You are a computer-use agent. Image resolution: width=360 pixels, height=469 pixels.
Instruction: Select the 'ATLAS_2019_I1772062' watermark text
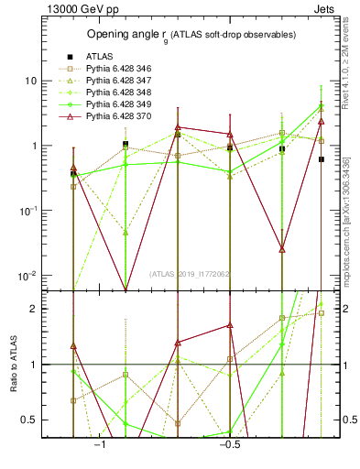pyautogui.click(x=190, y=273)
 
